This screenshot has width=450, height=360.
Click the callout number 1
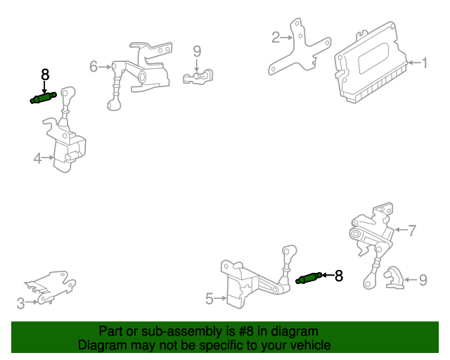pyautogui.click(x=424, y=63)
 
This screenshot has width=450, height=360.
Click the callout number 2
pyautogui.click(x=276, y=37)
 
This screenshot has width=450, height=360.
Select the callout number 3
pyautogui.click(x=20, y=304)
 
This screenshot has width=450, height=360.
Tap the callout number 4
pyautogui.click(x=37, y=158)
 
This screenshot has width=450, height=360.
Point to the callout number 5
pyautogui.click(x=210, y=299)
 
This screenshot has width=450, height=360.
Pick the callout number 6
pyautogui.click(x=94, y=67)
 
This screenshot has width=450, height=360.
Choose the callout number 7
pyautogui.click(x=412, y=231)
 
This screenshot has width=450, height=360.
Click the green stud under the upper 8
pyautogui.click(x=44, y=98)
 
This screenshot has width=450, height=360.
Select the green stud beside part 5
pyautogui.click(x=309, y=278)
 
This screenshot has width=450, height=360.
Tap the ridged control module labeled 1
pyautogui.click(x=371, y=63)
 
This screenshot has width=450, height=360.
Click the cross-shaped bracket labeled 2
pyautogui.click(x=300, y=48)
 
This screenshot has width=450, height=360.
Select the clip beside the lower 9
pyautogui.click(x=394, y=277)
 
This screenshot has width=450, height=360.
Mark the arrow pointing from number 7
pyautogui.click(x=401, y=230)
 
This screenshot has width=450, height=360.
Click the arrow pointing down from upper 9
pyautogui.click(x=197, y=65)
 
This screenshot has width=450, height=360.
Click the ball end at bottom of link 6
pyautogui.click(x=114, y=105)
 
